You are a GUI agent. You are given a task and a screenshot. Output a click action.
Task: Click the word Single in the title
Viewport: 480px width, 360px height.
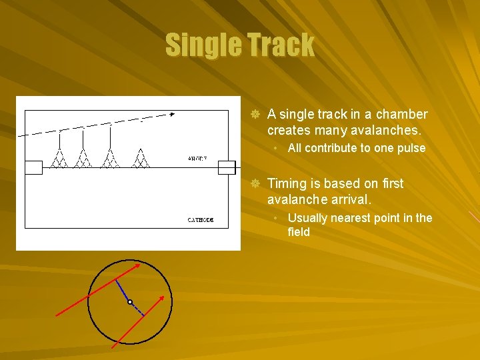pyautogui.click(x=203, y=45)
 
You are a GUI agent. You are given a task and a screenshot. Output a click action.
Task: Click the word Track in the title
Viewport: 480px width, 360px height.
pyautogui.click(x=281, y=45)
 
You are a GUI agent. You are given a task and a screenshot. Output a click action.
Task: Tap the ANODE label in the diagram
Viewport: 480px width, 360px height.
pyautogui.click(x=197, y=159)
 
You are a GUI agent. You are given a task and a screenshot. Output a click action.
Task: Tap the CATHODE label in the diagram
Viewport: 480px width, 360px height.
pyautogui.click(x=199, y=219)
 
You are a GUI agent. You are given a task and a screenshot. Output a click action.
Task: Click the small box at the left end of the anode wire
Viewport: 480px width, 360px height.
pyautogui.click(x=33, y=167)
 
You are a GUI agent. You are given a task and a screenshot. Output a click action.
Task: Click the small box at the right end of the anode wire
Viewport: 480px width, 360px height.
pyautogui.click(x=227, y=167)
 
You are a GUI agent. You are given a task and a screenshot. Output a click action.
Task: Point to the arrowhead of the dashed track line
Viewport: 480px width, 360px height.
pyautogui.click(x=171, y=115)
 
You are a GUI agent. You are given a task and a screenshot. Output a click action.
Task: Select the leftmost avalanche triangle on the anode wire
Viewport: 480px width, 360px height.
pyautogui.click(x=59, y=159)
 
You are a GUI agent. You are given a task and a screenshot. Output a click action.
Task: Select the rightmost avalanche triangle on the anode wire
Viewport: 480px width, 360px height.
pyautogui.click(x=140, y=159)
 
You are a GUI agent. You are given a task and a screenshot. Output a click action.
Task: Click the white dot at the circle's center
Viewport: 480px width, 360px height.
pyautogui.click(x=130, y=302)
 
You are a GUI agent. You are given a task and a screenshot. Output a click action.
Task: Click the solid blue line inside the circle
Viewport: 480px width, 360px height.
pyautogui.click(x=123, y=291)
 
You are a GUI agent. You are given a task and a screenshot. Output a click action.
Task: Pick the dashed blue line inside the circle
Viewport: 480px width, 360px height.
pyautogui.click(x=136, y=309)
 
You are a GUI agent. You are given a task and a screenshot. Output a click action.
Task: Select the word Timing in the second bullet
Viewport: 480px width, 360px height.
pyautogui.click(x=287, y=183)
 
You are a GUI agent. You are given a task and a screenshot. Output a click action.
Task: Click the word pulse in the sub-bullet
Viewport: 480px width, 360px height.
pyautogui.click(x=411, y=148)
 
